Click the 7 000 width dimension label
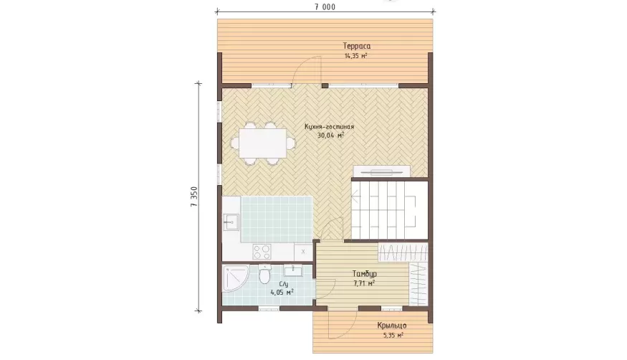click(325, 6)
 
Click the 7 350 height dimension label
click(194, 196)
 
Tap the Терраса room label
click(357, 46)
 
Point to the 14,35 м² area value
click(356, 56)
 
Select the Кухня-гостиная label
click(330, 127)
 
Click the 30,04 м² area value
click(330, 136)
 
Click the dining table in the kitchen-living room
click(263, 143)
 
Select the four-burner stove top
click(262, 252)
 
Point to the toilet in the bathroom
click(264, 274)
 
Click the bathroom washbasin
click(294, 271)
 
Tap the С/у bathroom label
click(284, 284)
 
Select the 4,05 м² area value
click(282, 293)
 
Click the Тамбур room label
click(364, 274)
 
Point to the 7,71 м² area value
click(364, 283)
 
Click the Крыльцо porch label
click(392, 326)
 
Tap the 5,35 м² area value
click(393, 335)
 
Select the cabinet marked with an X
click(303, 252)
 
